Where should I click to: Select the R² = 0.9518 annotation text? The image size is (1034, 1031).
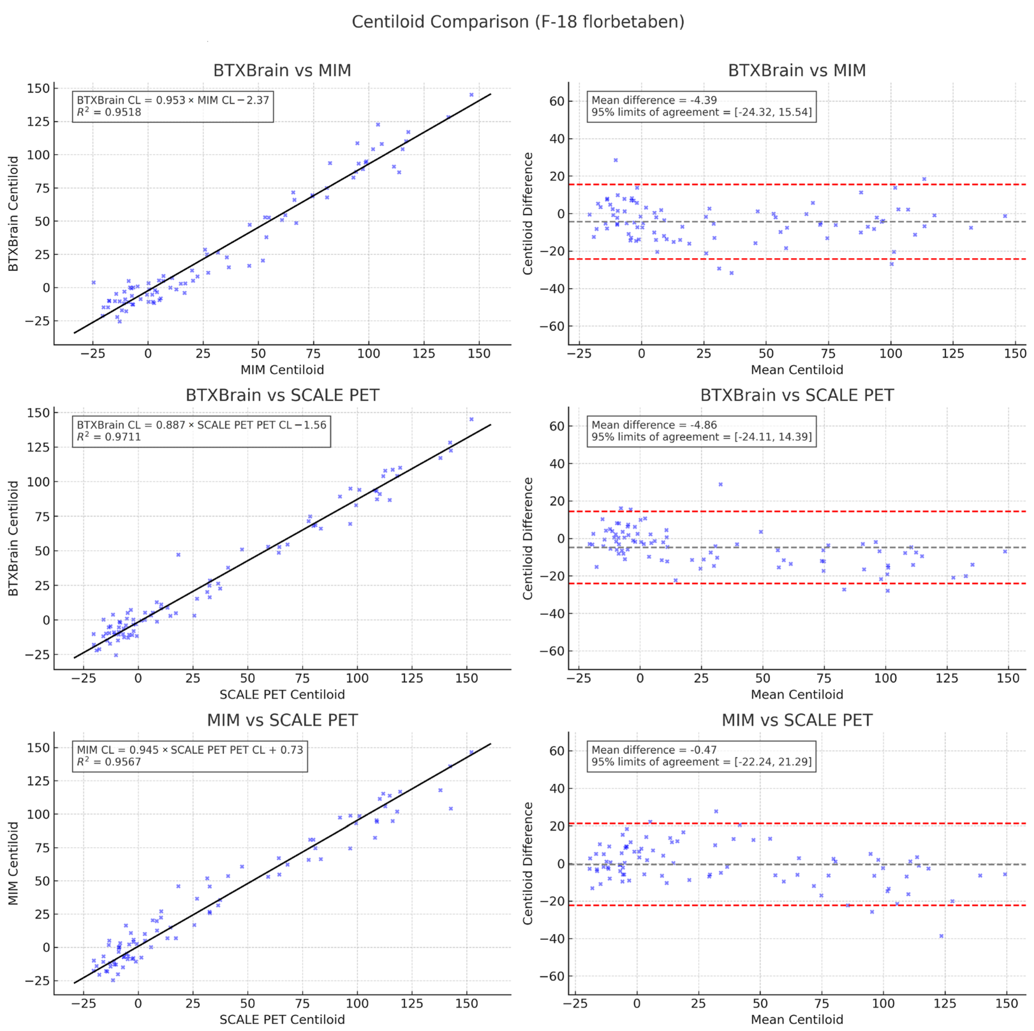click(x=109, y=112)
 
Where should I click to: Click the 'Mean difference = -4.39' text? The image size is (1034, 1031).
click(x=654, y=100)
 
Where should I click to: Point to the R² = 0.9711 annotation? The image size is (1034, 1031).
click(x=109, y=437)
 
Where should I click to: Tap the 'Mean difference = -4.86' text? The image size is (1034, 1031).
click(x=654, y=425)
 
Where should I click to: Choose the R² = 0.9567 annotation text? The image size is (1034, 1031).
click(x=109, y=762)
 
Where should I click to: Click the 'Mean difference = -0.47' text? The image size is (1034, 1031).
click(x=654, y=750)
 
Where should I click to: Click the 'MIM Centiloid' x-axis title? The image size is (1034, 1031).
click(x=282, y=370)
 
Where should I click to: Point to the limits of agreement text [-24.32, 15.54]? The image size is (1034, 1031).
click(x=702, y=112)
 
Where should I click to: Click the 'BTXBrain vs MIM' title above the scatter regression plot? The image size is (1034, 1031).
click(x=282, y=71)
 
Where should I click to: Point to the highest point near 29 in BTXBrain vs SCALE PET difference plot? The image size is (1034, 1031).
click(x=720, y=484)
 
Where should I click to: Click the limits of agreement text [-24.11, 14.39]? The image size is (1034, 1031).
click(x=702, y=437)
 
